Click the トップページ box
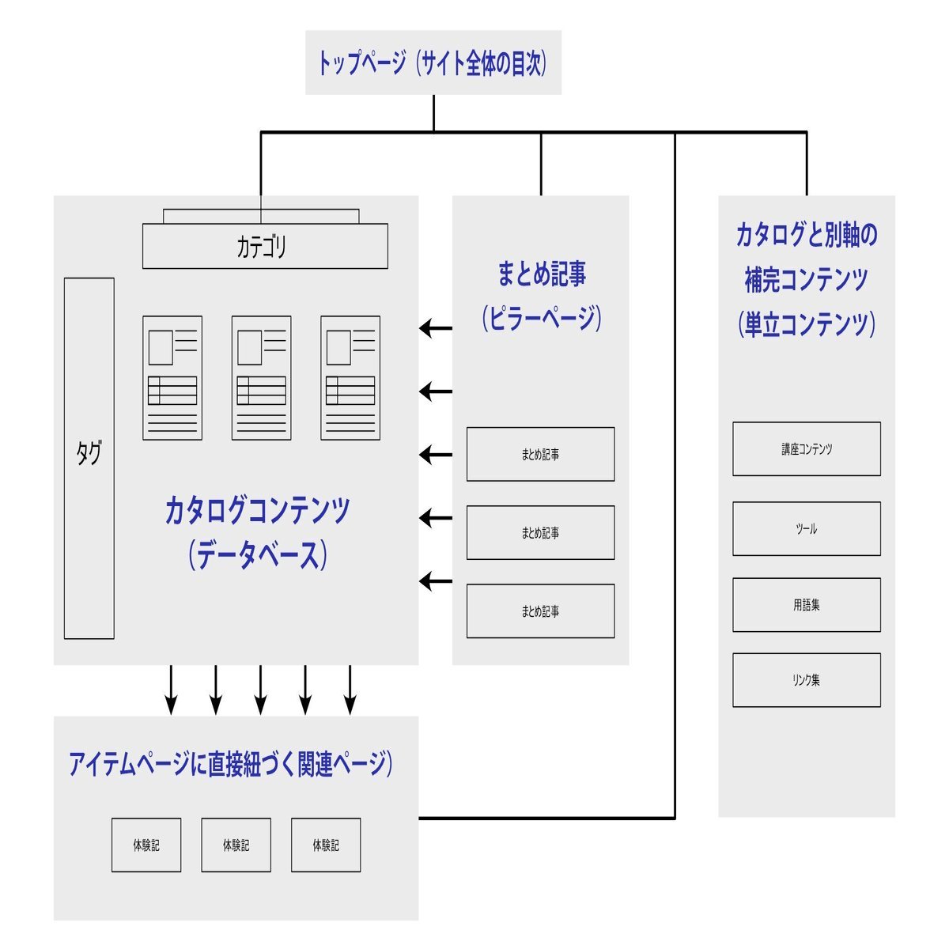[x=433, y=62]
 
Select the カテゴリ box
[x=265, y=246]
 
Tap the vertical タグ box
[x=89, y=458]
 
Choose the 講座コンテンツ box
[x=806, y=449]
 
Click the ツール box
[x=806, y=528]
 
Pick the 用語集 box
[x=806, y=605]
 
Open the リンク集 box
[x=806, y=680]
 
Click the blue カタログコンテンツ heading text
[x=257, y=510]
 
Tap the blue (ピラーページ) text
[x=541, y=319]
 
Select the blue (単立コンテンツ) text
[x=806, y=324]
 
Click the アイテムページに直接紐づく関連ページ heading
[x=230, y=764]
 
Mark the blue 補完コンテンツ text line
[x=806, y=279]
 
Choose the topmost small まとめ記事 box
[x=540, y=455]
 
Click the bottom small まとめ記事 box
[x=540, y=611]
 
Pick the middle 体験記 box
[x=236, y=845]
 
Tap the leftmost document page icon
[x=172, y=378]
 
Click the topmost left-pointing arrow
[x=435, y=327]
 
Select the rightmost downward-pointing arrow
[x=350, y=690]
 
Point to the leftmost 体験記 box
[x=146, y=845]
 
